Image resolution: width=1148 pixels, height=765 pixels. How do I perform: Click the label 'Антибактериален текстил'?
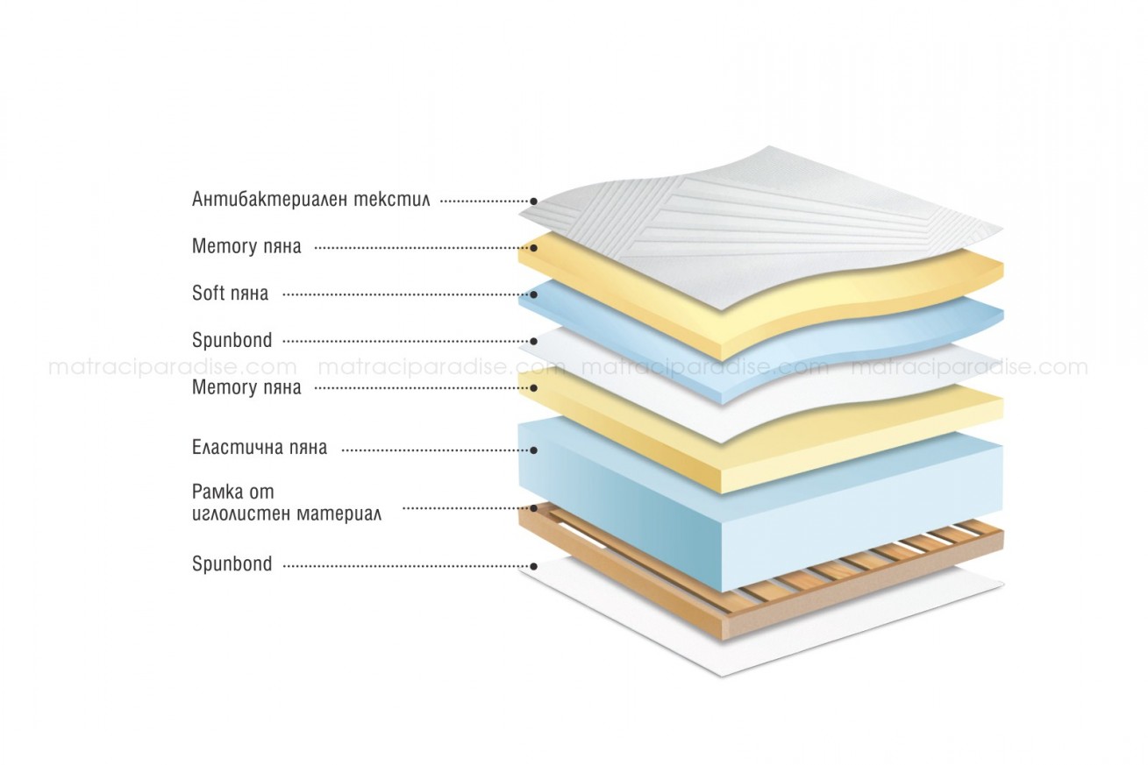click(x=311, y=199)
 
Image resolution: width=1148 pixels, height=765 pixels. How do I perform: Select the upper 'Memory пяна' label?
click(x=246, y=246)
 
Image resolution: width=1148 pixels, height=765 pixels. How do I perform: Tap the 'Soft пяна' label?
click(x=230, y=294)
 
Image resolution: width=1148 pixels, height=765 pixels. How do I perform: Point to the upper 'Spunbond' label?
click(x=232, y=341)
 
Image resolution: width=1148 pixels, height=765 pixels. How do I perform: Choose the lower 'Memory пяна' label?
click(x=246, y=387)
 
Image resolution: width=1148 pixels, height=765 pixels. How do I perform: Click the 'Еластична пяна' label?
click(x=260, y=448)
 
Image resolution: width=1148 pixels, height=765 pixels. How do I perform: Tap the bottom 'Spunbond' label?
click(x=232, y=563)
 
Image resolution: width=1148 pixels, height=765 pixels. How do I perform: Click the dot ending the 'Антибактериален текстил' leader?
click(x=533, y=202)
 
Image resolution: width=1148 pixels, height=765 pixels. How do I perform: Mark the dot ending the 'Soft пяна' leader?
click(x=533, y=294)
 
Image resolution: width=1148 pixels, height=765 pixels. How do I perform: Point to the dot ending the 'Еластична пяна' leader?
click(x=533, y=450)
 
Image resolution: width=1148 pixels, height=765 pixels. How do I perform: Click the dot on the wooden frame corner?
click(x=533, y=508)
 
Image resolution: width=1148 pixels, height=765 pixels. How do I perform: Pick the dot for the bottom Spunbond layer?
click(x=533, y=566)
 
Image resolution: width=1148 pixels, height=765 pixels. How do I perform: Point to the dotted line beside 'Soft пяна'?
click(x=405, y=294)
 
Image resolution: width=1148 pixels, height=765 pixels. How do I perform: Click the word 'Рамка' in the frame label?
click(x=215, y=492)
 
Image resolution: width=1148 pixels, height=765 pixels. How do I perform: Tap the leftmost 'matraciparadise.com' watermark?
click(x=173, y=367)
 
